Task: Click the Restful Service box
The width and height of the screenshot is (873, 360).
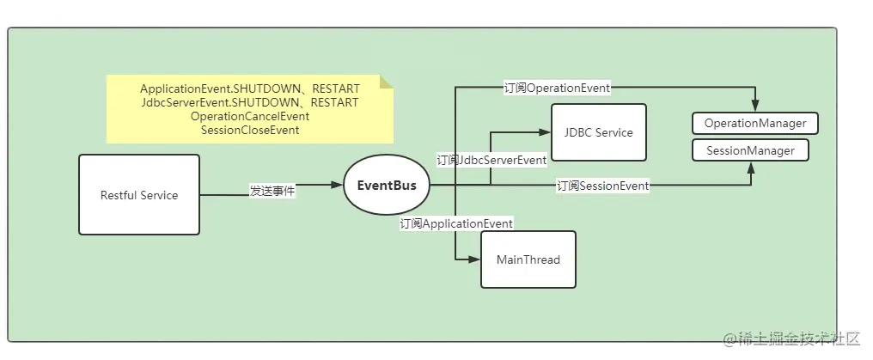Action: pyautogui.click(x=138, y=195)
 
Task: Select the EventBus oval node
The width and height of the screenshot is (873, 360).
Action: pyautogui.click(x=387, y=186)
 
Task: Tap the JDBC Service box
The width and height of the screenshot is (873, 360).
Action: pyautogui.click(x=598, y=132)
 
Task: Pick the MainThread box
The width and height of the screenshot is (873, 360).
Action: pyautogui.click(x=528, y=259)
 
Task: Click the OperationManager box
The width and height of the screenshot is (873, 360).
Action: pyautogui.click(x=755, y=123)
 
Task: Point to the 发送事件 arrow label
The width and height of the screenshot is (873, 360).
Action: pyautogui.click(x=272, y=191)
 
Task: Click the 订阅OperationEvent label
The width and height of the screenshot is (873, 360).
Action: pyautogui.click(x=557, y=88)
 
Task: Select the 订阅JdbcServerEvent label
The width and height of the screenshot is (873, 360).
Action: pyautogui.click(x=491, y=160)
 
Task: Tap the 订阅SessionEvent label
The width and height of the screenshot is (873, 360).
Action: pyautogui.click(x=602, y=185)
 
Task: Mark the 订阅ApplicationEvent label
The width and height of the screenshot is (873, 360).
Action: pyautogui.click(x=456, y=223)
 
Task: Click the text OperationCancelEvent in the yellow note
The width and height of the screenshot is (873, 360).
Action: pyautogui.click(x=249, y=116)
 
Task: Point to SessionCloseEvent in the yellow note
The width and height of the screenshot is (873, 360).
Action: pyautogui.click(x=249, y=130)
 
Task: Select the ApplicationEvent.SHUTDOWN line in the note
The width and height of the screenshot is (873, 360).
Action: pyautogui.click(x=249, y=88)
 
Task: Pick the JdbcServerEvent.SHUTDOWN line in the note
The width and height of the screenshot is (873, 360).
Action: pyautogui.click(x=249, y=102)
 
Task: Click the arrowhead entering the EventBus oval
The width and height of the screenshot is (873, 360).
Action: pyautogui.click(x=338, y=185)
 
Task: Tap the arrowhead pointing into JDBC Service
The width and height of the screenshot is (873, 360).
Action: pyautogui.click(x=544, y=132)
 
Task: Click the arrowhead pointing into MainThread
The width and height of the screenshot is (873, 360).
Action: pyautogui.click(x=475, y=259)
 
